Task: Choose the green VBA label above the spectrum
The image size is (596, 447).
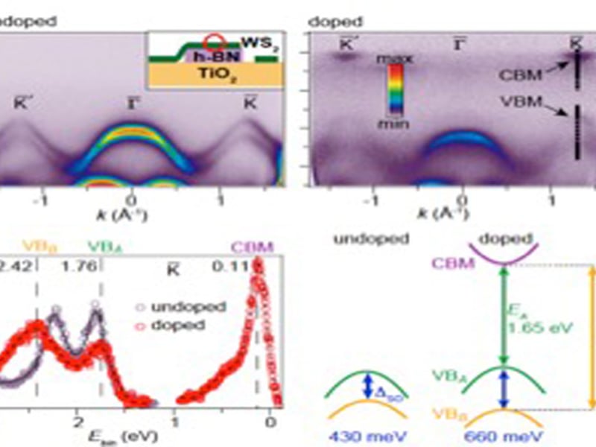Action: coord(104,245)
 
